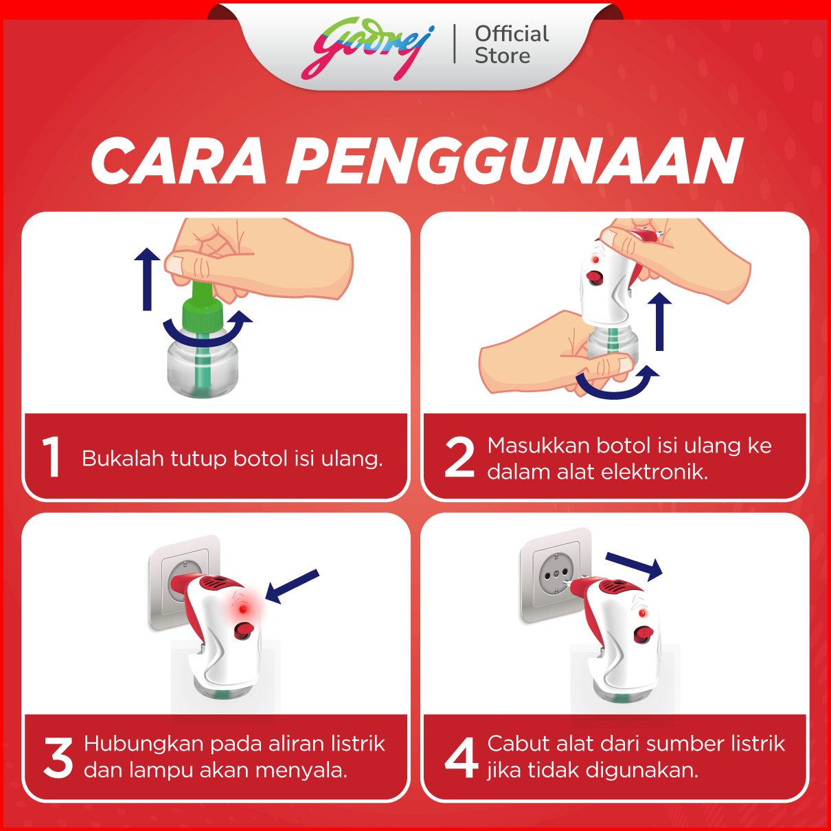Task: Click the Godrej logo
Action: coord(367,48)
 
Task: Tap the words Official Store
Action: coord(512,45)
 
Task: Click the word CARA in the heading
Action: coord(178,161)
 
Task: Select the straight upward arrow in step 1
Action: coord(147,279)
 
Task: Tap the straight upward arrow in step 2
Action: coord(659,321)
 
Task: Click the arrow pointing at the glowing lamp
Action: coord(291,586)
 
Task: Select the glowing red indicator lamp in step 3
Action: coord(242,609)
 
